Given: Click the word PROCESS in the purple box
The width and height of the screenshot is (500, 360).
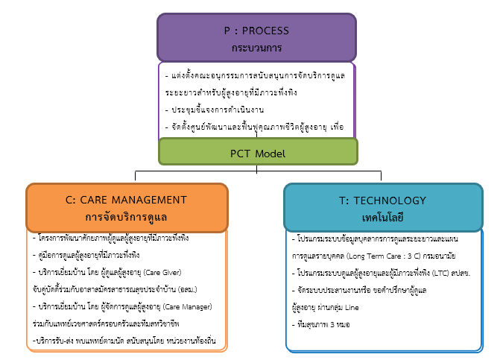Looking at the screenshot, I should (266, 31).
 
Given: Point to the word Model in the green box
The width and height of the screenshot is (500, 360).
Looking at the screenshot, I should (271, 153).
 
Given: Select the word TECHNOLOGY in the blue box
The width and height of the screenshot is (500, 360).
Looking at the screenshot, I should (392, 200).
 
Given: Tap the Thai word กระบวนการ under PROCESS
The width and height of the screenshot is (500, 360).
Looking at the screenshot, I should (256, 46).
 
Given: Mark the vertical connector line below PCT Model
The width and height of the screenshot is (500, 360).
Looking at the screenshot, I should (258, 168).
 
